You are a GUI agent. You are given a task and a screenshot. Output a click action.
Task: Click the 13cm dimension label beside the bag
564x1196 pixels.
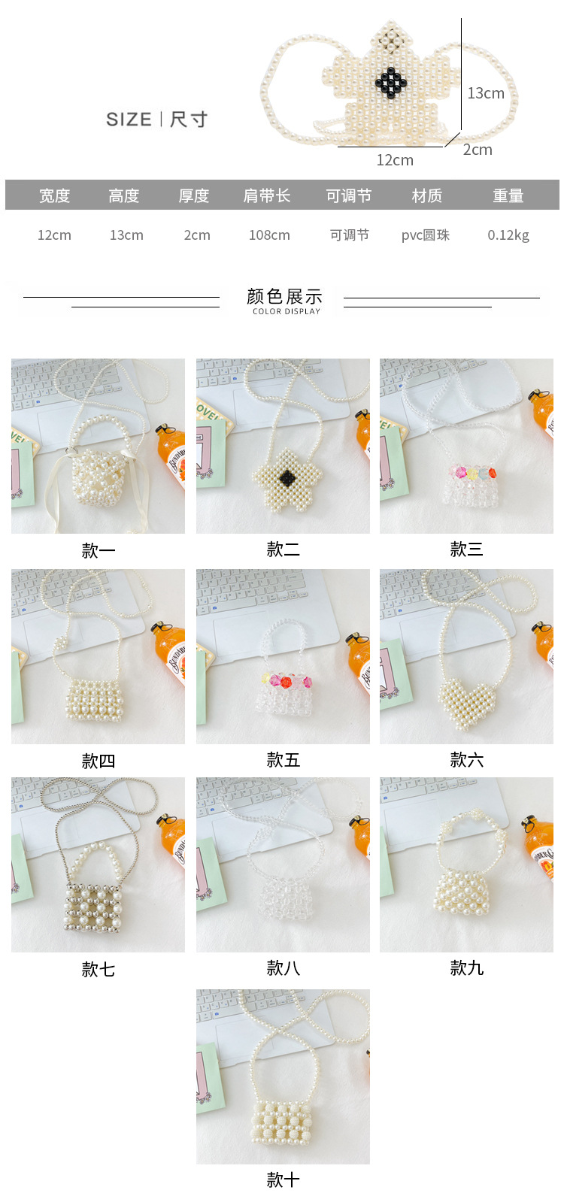coord(486,93)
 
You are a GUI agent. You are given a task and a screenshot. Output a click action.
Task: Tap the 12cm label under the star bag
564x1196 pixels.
coord(395,160)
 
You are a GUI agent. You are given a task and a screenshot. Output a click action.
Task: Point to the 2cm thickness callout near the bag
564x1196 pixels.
coord(478,150)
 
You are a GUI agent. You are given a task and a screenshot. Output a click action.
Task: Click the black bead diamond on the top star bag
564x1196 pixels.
coord(391,83)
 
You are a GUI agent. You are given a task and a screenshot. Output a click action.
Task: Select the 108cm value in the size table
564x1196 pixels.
coord(269,235)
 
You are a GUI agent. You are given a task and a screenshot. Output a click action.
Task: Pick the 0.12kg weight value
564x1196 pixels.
coord(508,235)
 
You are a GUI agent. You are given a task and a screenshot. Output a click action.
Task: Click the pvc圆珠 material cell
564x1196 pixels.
coord(425,235)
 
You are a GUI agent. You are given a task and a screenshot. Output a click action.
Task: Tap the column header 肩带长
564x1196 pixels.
coord(266,196)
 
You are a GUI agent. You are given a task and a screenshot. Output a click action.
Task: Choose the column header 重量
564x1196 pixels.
coord(508,196)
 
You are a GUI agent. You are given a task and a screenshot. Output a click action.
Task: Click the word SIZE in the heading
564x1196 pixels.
coord(129,120)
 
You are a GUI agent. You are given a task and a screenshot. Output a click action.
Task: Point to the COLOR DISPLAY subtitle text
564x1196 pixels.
coord(287,311)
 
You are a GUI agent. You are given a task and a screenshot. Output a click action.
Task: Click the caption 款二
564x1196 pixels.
coord(283,549)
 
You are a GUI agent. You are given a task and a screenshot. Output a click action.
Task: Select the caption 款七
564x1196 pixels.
coord(99,969)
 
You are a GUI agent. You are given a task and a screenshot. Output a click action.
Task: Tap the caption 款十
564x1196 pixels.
coord(283,1179)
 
